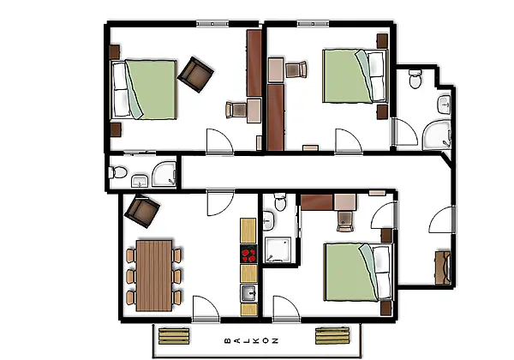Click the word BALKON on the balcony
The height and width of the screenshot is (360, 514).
252,340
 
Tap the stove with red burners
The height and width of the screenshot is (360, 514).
248,254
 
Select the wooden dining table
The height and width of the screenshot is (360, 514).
153,276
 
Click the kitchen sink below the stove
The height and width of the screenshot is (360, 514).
248,293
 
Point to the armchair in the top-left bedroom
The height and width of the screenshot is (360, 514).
195,75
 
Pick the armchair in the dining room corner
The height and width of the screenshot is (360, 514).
142,211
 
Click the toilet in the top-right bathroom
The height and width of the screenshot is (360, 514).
415,78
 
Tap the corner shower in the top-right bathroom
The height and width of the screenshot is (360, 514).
437,135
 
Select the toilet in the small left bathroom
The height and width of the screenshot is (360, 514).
117,172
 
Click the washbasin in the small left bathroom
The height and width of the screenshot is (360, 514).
140,182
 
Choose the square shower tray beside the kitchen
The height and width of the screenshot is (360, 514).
278,249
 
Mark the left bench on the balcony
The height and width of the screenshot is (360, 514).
174,336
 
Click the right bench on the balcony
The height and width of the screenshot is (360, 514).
332,335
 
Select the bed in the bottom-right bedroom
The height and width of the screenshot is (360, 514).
358,272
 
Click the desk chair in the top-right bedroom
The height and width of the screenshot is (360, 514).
296,69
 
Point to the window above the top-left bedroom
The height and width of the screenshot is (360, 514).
212,24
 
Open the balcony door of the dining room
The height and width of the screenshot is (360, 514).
206,309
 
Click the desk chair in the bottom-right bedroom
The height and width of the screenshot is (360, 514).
345,221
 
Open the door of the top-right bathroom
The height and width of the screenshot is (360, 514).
405,132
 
